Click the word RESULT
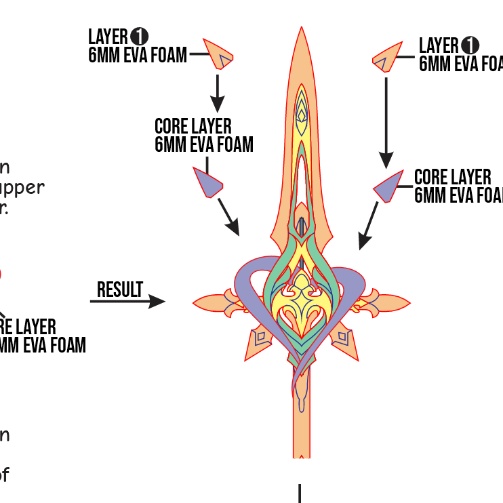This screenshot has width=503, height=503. click(x=120, y=290)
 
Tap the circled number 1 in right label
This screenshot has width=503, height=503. click(x=469, y=45)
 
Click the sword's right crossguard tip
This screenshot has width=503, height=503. click(x=407, y=301)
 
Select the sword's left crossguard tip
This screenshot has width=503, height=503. click(x=195, y=301)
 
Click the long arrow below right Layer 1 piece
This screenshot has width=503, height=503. click(x=386, y=122)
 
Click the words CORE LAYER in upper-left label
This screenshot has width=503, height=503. click(x=193, y=127)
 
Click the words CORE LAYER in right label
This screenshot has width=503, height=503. click(x=452, y=178)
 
